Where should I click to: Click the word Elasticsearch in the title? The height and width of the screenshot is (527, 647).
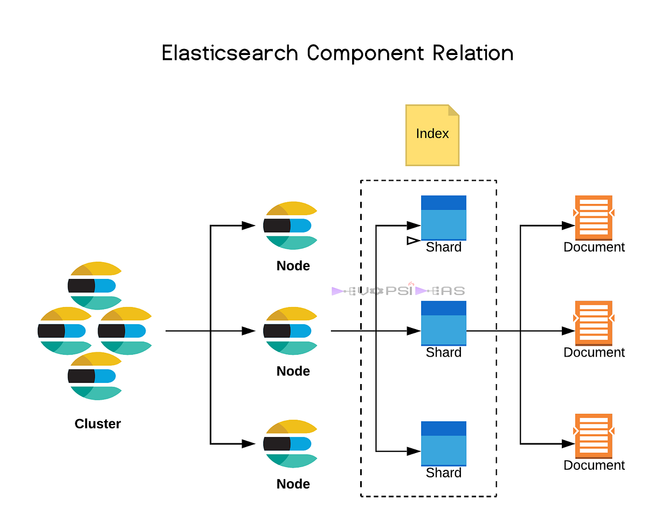pos(230,53)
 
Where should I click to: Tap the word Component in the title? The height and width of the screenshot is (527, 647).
pos(366,53)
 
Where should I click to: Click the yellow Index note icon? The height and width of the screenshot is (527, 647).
pos(432,135)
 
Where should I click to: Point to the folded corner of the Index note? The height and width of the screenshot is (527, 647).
pos(453,110)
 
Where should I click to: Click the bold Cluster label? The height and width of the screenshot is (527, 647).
pos(98,424)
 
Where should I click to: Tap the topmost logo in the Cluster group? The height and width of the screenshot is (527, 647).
pos(95,285)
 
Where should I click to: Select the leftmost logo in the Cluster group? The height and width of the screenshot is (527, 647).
pos(65,331)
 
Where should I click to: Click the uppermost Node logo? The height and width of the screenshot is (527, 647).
pos(290,225)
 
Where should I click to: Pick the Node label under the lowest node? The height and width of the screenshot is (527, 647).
pos(293,484)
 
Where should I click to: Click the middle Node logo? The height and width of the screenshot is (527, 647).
pos(290,331)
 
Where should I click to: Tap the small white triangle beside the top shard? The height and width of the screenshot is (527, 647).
pos(412,241)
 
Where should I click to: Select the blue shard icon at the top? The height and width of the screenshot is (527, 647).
pos(443,217)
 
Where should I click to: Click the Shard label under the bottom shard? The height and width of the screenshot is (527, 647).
pos(444,473)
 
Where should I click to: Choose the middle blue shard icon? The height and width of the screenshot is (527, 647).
pos(443,323)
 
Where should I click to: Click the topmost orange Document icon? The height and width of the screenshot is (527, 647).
pos(594,217)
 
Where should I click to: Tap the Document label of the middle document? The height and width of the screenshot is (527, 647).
pos(594,352)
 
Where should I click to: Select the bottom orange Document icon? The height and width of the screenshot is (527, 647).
pos(594,435)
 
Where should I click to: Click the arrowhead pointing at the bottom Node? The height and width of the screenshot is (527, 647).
pos(249,444)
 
